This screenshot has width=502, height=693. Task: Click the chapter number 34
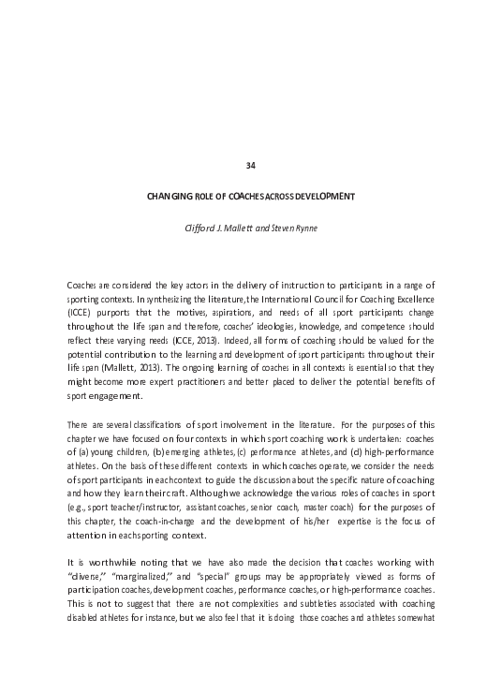pyautogui.click(x=250, y=166)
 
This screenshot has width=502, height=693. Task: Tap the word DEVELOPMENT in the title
pyautogui.click(x=325, y=196)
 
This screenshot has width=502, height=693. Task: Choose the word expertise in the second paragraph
pyautogui.click(x=348, y=510)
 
